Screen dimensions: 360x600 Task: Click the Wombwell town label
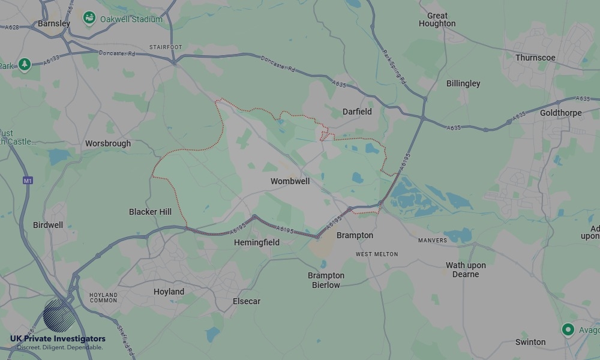coord(290,181)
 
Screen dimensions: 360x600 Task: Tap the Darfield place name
coord(357,112)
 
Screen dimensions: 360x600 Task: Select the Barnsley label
coord(54,23)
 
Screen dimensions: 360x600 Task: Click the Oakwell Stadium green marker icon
coord(89,19)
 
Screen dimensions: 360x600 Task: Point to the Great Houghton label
coord(437,20)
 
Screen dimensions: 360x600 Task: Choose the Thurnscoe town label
coord(535,58)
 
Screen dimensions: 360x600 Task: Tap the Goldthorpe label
coord(561,113)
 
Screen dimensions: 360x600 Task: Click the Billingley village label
coord(463,84)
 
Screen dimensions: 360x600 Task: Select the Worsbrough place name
coord(108,144)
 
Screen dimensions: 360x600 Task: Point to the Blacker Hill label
coord(150,212)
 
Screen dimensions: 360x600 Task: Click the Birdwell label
coord(48,225)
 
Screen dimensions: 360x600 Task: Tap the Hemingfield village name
coord(257,243)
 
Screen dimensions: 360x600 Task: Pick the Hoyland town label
coord(169,292)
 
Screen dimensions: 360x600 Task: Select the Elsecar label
coord(247,301)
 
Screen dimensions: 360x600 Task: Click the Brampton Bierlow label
coord(326,280)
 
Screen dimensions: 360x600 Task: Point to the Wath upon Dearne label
coord(466,269)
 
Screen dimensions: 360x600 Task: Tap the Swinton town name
coord(530,342)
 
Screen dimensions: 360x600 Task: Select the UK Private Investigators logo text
coord(58,339)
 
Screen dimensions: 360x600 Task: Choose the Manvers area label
coord(433,241)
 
